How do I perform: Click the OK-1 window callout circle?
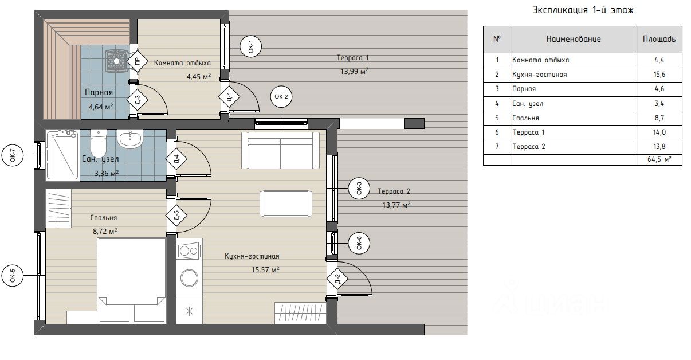click(251, 46)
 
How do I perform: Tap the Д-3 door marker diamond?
click(138, 100)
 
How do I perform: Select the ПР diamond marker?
click(138, 61)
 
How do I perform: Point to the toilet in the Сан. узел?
click(99, 143)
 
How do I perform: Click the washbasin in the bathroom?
click(130, 139)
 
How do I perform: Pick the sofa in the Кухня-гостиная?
click(280, 150)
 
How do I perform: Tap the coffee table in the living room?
click(286, 204)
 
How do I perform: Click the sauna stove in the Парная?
click(116, 61)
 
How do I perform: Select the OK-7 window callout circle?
click(13, 155)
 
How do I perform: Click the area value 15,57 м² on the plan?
click(265, 269)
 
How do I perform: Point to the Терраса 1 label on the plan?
click(352, 58)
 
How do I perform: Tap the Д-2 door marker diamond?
click(337, 279)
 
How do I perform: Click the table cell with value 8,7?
click(659, 118)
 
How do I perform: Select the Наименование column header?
click(574, 39)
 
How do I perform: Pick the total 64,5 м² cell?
click(659, 159)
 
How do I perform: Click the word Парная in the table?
click(524, 89)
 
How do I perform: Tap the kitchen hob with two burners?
click(190, 251)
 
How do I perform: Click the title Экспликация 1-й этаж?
click(583, 10)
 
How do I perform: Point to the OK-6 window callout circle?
click(359, 243)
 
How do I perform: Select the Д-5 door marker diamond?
click(176, 215)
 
